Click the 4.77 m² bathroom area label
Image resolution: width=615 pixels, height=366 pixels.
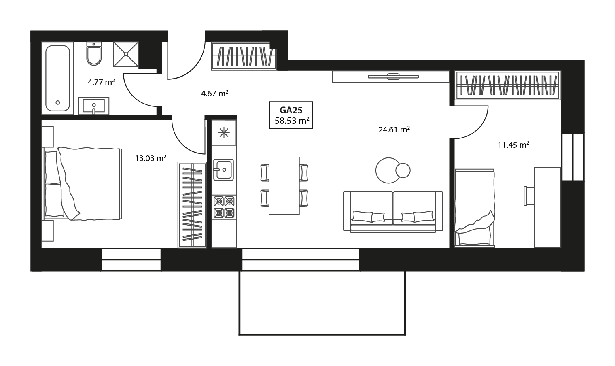click(101, 83)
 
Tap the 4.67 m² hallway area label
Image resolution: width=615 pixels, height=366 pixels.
click(214, 94)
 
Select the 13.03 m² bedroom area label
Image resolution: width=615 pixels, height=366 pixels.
click(151, 158)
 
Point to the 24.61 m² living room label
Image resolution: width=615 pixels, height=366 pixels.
click(394, 130)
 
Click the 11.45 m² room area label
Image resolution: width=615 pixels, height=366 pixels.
click(513, 145)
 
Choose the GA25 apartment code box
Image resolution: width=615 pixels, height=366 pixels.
click(291, 115)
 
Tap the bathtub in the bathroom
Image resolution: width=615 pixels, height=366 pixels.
click(57, 78)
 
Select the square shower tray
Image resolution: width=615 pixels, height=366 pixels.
click(125, 54)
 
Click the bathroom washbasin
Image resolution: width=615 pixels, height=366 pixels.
click(93, 106)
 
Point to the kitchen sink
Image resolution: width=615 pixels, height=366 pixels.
click(223, 169)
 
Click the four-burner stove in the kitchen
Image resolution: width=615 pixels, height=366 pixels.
click(224, 206)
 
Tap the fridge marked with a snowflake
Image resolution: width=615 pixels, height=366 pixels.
click(224, 133)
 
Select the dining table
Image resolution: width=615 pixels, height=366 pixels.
click(284, 185)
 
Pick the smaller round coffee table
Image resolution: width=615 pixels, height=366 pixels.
click(403, 170)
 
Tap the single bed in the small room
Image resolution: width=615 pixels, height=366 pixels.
click(474, 207)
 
